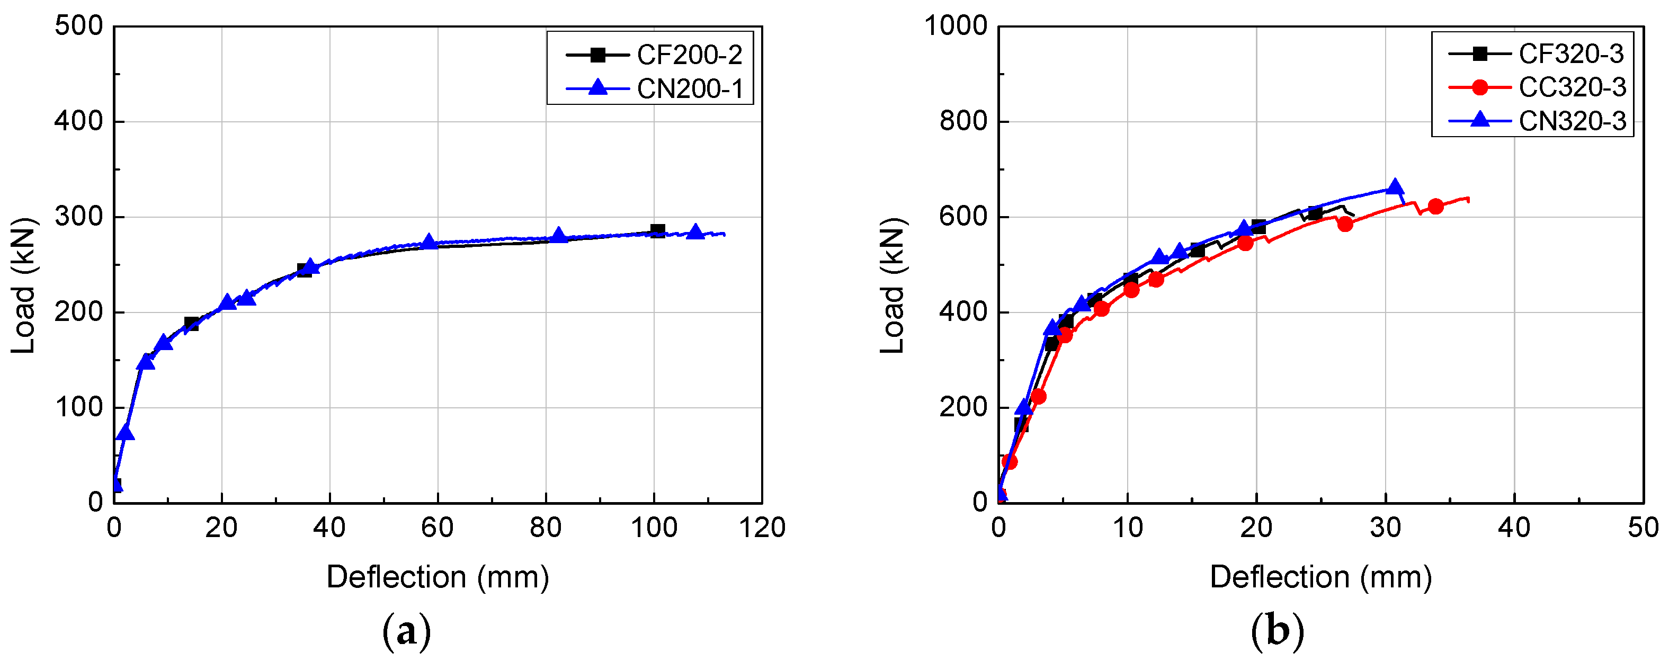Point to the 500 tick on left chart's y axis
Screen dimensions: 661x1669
pos(78,26)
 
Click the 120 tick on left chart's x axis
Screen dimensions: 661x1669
pos(762,528)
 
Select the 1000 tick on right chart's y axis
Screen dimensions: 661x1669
pos(955,26)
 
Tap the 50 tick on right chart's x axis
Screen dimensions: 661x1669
pos(1643,528)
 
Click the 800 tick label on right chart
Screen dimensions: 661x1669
pos(963,121)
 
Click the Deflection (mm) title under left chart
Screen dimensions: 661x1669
pos(438,577)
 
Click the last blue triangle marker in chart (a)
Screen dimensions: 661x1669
pos(695,232)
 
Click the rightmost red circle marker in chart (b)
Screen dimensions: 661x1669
pos(1436,207)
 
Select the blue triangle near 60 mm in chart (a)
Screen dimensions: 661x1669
pos(429,242)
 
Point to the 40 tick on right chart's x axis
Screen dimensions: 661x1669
pos(1514,528)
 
